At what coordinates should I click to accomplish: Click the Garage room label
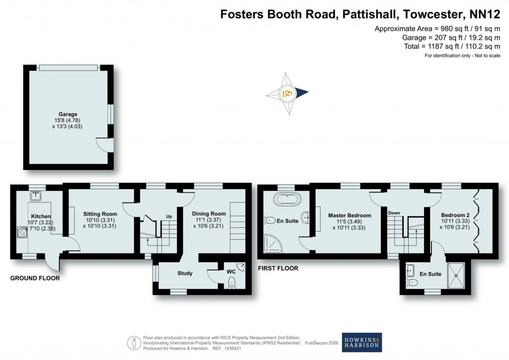(x=67, y=114)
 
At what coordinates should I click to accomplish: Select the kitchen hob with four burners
(x=22, y=232)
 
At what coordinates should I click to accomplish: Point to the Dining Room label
(x=209, y=214)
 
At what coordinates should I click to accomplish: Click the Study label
(x=185, y=273)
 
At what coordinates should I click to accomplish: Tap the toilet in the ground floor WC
(x=231, y=282)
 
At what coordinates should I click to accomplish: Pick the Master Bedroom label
(x=349, y=216)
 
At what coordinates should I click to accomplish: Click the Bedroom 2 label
(x=455, y=215)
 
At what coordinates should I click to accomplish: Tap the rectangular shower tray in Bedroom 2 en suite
(x=456, y=275)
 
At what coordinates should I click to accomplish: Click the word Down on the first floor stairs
(x=394, y=213)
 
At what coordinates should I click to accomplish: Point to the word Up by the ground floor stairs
(x=169, y=216)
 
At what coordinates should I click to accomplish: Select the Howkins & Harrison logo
(x=361, y=342)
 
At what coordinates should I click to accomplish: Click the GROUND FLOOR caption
(x=35, y=278)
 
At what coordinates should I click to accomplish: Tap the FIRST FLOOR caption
(x=278, y=269)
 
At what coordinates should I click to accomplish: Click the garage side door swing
(x=103, y=145)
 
